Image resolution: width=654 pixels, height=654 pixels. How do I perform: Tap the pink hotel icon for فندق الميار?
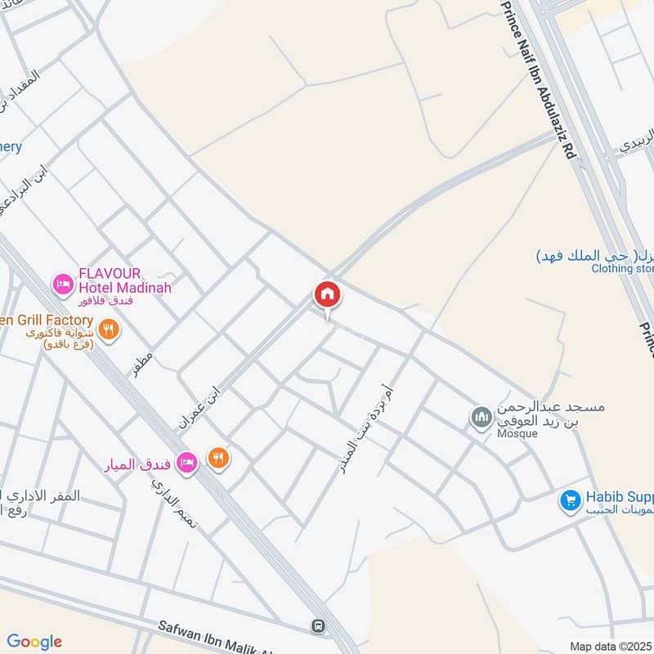click(187, 462)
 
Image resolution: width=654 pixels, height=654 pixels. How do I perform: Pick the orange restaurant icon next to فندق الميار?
click(218, 458)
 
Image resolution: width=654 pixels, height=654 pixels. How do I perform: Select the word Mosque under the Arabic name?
click(516, 433)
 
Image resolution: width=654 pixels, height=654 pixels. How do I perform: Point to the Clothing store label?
click(623, 268)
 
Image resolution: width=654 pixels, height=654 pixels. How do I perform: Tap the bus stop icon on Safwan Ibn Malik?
click(317, 626)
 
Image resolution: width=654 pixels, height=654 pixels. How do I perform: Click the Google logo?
click(34, 641)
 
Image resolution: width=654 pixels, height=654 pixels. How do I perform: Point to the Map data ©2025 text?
click(610, 646)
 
